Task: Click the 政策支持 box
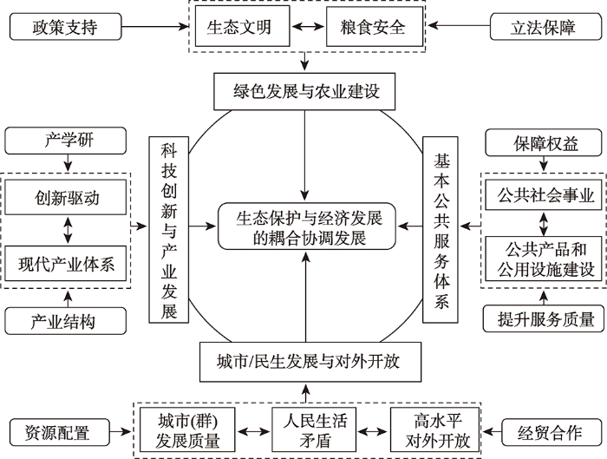[x=65, y=27]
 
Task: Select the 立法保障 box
[x=545, y=27]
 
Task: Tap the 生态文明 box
[x=242, y=26]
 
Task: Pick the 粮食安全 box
[x=375, y=26]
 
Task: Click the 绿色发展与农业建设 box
[x=304, y=91]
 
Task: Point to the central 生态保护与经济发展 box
[x=307, y=226]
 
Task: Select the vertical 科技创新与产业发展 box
[x=169, y=230]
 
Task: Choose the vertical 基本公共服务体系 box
[x=441, y=230]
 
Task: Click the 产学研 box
[x=65, y=141]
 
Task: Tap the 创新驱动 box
[x=65, y=197]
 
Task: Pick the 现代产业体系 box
[x=65, y=264]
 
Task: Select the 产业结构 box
[x=65, y=321]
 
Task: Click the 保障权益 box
[x=544, y=143]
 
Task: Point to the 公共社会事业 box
[x=544, y=195]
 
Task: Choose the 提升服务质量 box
[x=544, y=318]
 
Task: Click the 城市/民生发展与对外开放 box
[x=310, y=362]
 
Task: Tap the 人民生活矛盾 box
[x=314, y=429]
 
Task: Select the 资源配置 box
[x=60, y=432]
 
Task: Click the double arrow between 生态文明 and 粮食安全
[x=308, y=26]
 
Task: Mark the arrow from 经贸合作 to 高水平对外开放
[x=492, y=431]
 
